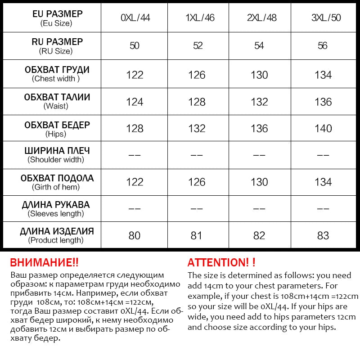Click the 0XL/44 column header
click(135, 18)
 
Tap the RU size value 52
click(197, 46)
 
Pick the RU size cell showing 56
click(323, 46)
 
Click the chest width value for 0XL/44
click(135, 75)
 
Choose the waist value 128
click(197, 102)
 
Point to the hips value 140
click(323, 129)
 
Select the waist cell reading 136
click(323, 102)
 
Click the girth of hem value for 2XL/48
click(259, 182)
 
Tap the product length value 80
click(135, 235)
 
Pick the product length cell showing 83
click(323, 235)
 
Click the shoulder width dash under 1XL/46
click(197, 155)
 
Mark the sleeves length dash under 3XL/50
click(323, 209)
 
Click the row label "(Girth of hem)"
click(56, 187)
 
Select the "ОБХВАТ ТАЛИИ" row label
click(57, 97)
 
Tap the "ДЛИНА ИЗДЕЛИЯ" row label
click(57, 231)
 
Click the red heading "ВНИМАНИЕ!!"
click(44, 263)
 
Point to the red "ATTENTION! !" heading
click(221, 263)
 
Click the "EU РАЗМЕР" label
click(58, 14)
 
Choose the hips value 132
click(197, 129)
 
